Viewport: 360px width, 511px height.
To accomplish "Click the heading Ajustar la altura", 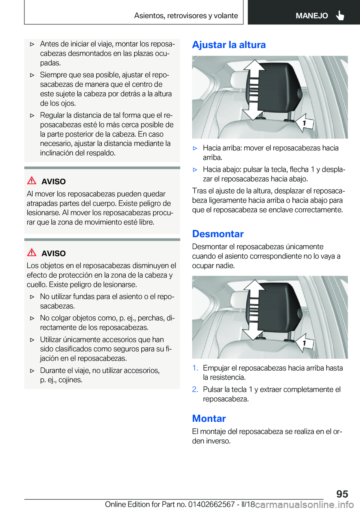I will (229, 45).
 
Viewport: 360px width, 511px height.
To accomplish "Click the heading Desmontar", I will (218, 234).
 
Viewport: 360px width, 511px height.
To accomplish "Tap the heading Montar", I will (209, 418).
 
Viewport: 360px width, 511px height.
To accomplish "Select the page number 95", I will (342, 494).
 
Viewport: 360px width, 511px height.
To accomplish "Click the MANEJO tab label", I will (312, 16).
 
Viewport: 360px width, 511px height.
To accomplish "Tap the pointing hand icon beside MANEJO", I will (340, 15).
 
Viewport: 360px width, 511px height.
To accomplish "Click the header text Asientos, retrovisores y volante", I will (186, 16).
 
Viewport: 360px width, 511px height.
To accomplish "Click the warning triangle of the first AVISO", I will (32, 180).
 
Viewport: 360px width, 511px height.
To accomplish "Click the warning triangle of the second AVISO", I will (32, 252).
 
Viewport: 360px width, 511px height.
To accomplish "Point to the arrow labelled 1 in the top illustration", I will (304, 123).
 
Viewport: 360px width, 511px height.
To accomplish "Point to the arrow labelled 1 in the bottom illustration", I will (304, 343).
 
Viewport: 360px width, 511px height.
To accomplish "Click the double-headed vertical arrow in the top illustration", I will (254, 90).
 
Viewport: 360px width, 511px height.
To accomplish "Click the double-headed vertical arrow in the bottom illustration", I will (254, 310).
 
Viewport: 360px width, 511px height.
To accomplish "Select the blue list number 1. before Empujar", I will (195, 368).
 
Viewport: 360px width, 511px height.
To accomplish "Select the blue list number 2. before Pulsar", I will (195, 389).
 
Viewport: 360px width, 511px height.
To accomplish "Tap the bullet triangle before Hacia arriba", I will (195, 148).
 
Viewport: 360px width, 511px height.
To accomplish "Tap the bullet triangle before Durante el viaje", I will (32, 371).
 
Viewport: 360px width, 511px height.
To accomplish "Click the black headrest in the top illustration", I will (281, 90).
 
